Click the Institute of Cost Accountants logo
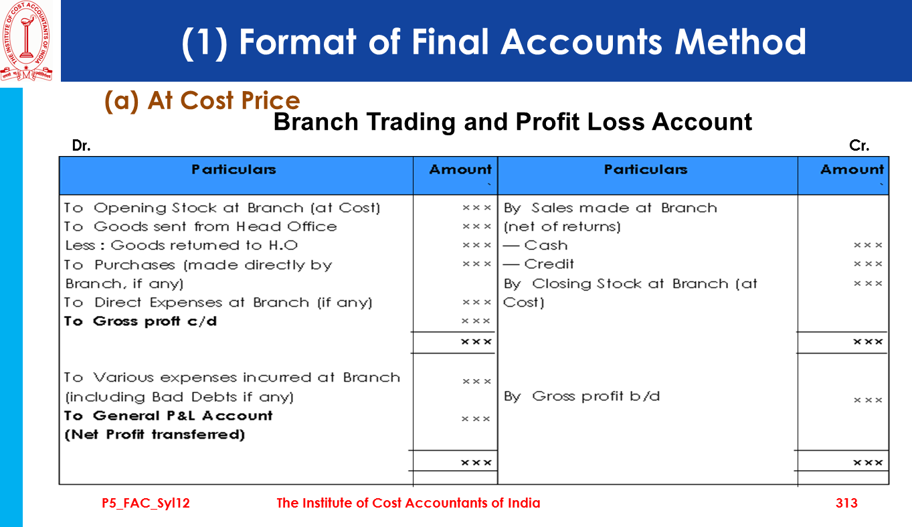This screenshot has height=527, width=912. pos(27,41)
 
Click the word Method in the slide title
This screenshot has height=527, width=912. pos(740,42)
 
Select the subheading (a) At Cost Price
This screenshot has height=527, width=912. pos(202,100)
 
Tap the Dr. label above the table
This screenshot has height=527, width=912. pos(82,145)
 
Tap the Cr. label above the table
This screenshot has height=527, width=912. pos(859,145)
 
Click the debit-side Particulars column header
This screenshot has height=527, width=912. pos(234,169)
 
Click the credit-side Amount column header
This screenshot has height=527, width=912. pos(852,169)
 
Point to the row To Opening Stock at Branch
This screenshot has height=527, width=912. pos(222,208)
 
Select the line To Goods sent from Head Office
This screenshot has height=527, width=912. pos(201,226)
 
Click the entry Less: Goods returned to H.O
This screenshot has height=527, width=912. pos(181,245)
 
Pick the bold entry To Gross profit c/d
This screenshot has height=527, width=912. pos(141,321)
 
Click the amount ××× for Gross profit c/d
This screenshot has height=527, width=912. pos(476,321)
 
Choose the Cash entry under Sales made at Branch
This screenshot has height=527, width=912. pos(535,245)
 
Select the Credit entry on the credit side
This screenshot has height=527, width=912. pos(539,264)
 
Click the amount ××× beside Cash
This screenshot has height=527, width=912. pos(868,245)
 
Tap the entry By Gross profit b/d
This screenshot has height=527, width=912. pos(582,396)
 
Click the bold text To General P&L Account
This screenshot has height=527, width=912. pos(168,416)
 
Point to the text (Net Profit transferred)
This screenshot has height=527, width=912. pos(155,435)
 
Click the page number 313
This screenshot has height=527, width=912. pos(846,503)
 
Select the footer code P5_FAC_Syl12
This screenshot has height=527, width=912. pos(146,504)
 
